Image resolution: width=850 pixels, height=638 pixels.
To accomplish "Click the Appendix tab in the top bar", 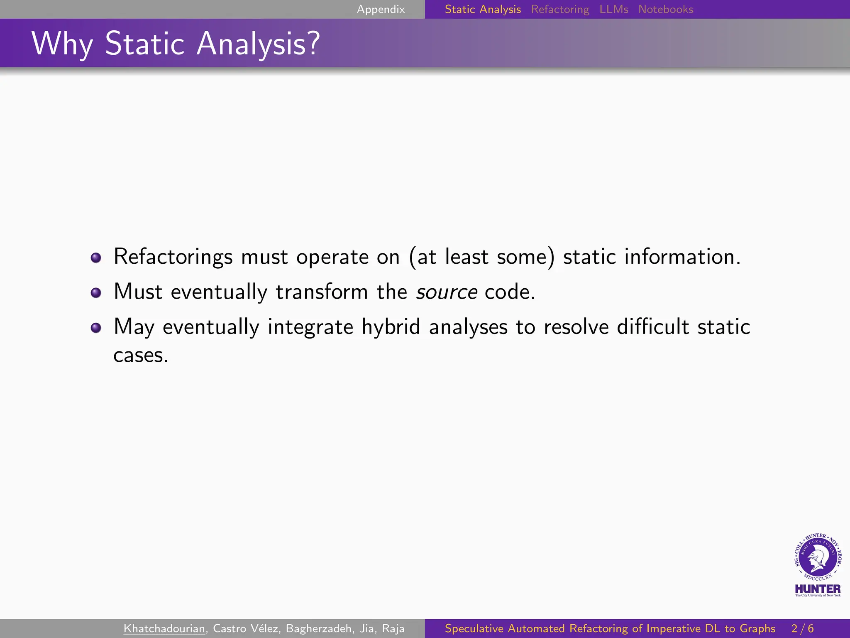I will point(381,9).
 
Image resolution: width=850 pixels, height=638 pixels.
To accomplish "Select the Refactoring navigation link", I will point(560,9).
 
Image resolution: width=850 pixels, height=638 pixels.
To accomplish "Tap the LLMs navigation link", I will point(613,9).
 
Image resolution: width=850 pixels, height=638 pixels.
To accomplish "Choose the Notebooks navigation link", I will point(665,9).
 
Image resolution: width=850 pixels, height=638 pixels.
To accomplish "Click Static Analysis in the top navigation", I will point(483,9).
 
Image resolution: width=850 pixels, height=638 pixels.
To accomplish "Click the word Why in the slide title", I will point(62,44).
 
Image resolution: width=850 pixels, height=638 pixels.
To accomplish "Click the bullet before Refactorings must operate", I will point(96,258).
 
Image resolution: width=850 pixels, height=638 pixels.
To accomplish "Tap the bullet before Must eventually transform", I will point(96,292).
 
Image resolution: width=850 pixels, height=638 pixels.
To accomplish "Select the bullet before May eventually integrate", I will point(96,328).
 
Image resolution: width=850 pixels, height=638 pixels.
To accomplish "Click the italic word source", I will point(447,292).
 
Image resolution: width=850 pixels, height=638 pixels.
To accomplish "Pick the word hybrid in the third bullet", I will point(391,327).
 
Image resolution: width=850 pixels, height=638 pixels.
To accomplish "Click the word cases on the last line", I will point(141,356).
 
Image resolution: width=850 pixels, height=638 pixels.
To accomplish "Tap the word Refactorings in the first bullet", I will point(173,257).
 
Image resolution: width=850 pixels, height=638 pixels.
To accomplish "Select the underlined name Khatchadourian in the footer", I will point(164,628).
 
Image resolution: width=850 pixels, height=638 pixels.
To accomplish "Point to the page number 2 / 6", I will point(802,628).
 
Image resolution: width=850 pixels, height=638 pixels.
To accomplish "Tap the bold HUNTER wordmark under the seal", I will point(818,589).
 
